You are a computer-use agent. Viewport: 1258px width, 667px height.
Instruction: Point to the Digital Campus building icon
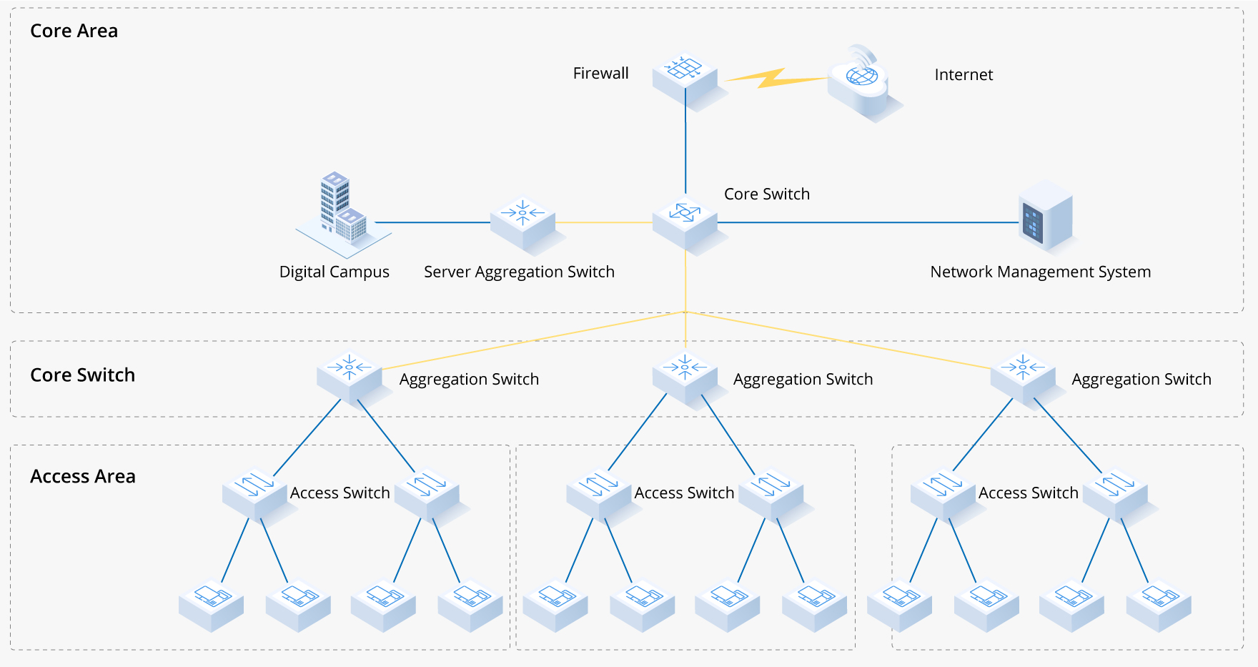click(336, 214)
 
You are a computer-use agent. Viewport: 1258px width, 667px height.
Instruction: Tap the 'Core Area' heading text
click(74, 31)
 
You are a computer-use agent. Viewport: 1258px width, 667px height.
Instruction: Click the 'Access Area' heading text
click(82, 476)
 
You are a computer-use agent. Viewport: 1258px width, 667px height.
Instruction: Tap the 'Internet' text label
click(964, 74)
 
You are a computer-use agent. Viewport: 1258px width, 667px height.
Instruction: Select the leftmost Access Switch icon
click(254, 493)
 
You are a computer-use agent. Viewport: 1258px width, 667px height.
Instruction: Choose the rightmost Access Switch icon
click(1115, 493)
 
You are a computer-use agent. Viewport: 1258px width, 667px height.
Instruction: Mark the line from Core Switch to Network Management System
click(865, 222)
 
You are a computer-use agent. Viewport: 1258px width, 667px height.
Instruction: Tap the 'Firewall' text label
click(600, 73)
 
